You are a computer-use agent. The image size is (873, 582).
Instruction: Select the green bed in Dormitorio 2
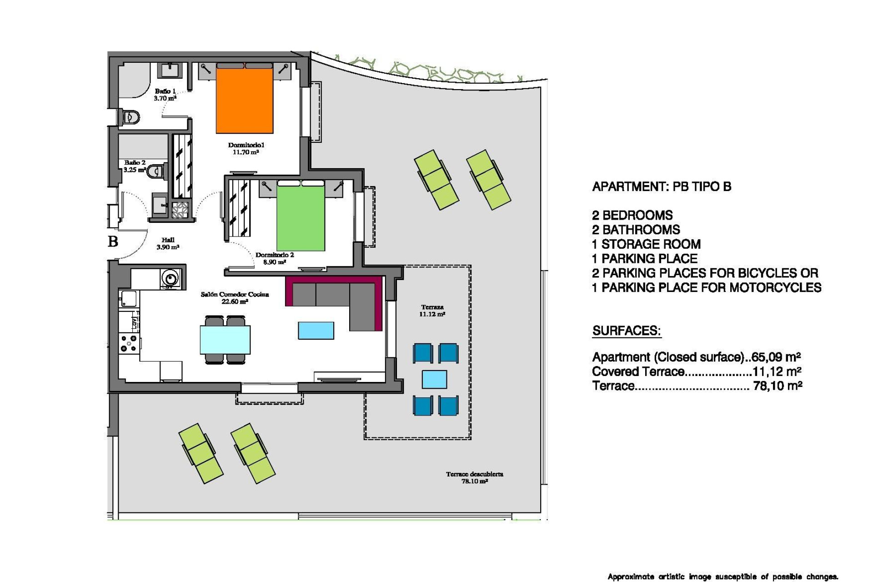tap(301, 218)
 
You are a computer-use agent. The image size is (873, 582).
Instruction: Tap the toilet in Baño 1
tap(130, 117)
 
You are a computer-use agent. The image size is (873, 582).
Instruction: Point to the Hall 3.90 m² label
tap(168, 243)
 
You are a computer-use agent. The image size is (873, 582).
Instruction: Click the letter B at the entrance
tap(113, 241)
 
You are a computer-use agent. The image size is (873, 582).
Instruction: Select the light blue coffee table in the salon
tap(316, 331)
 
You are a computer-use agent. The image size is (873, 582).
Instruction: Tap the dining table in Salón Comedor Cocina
tap(225, 340)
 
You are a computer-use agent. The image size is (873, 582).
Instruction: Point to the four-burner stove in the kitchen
tap(128, 343)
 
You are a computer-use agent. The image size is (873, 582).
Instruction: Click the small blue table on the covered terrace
tap(434, 379)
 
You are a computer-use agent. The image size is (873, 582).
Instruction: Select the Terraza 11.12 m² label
tap(432, 311)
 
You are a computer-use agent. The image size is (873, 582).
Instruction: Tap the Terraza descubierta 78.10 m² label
tap(474, 477)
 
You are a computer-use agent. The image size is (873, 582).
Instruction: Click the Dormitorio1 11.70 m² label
tap(246, 148)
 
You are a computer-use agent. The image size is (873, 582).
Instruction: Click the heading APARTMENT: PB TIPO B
tap(662, 187)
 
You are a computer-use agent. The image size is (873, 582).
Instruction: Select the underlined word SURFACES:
tap(626, 331)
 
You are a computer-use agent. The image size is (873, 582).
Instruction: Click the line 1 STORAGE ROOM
tap(646, 244)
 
